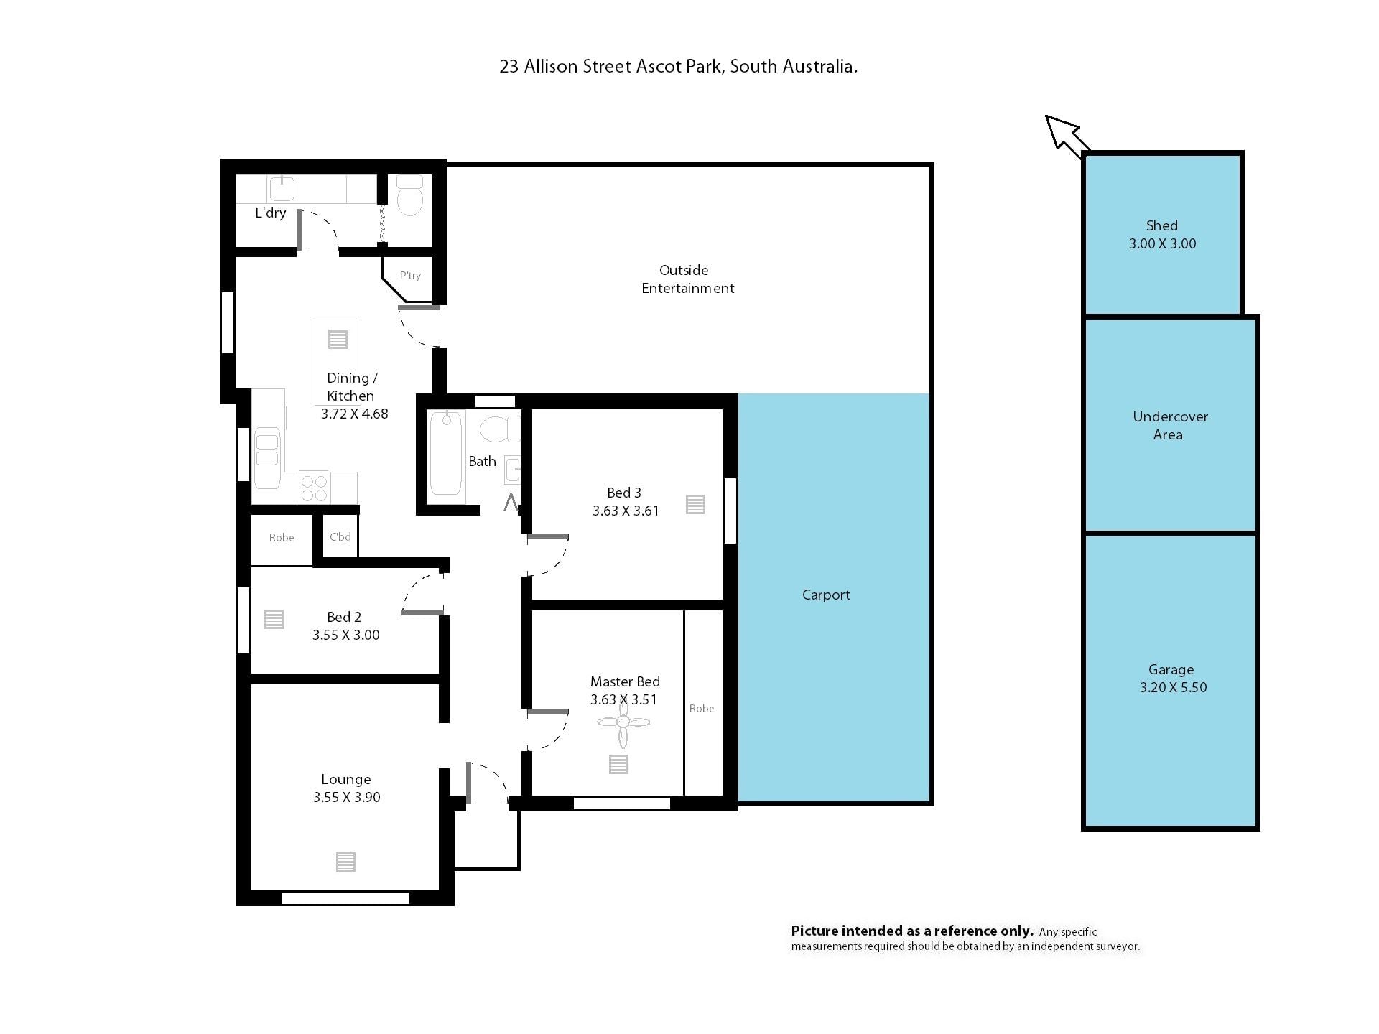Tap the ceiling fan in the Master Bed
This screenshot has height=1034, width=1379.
pyautogui.click(x=623, y=722)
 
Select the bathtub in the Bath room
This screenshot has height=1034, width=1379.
pyautogui.click(x=445, y=452)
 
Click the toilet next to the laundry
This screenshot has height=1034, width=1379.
pyautogui.click(x=411, y=195)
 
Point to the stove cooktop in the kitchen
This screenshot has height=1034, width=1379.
pyautogui.click(x=314, y=488)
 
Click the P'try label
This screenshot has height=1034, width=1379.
pyautogui.click(x=410, y=276)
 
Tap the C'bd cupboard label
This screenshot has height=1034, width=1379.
pyautogui.click(x=340, y=536)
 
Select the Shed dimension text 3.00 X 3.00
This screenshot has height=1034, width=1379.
pyautogui.click(x=1162, y=243)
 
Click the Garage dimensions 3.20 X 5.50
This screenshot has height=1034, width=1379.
pyautogui.click(x=1173, y=687)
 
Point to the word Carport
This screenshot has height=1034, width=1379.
pyautogui.click(x=826, y=595)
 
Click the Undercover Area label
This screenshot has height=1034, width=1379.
pyautogui.click(x=1170, y=425)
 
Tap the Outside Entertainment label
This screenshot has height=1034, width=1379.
pyautogui.click(x=687, y=279)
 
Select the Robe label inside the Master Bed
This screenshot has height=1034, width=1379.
pyautogui.click(x=702, y=709)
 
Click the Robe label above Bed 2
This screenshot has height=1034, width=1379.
pyautogui.click(x=282, y=538)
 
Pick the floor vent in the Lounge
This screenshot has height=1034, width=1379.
pyautogui.click(x=345, y=862)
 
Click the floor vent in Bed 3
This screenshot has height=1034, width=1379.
pyautogui.click(x=695, y=505)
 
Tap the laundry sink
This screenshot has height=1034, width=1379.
pyautogui.click(x=282, y=188)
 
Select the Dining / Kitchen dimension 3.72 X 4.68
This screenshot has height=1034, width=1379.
pyautogui.click(x=354, y=414)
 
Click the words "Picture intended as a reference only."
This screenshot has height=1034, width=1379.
pyautogui.click(x=912, y=931)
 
